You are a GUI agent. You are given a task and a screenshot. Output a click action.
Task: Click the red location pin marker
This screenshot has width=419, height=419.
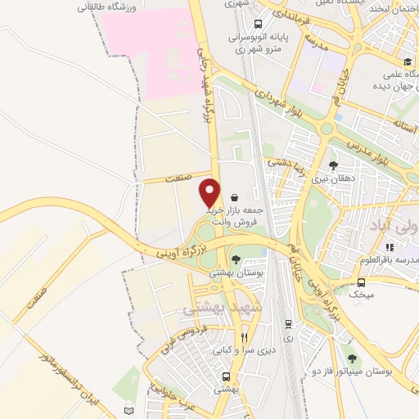tap(210, 192)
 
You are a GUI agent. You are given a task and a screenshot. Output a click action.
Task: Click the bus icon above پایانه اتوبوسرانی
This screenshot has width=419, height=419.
tap(258, 24)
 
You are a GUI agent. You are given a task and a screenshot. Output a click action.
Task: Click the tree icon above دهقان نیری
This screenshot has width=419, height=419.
tap(334, 164)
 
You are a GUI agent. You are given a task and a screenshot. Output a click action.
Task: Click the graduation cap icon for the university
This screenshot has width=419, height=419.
tap(407, 62)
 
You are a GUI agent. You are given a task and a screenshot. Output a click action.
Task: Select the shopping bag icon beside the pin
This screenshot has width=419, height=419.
tap(236, 197)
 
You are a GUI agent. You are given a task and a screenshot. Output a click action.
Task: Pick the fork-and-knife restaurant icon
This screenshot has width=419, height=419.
tap(243, 336)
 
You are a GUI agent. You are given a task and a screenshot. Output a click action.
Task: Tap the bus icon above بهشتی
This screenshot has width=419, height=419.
tap(226, 376)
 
